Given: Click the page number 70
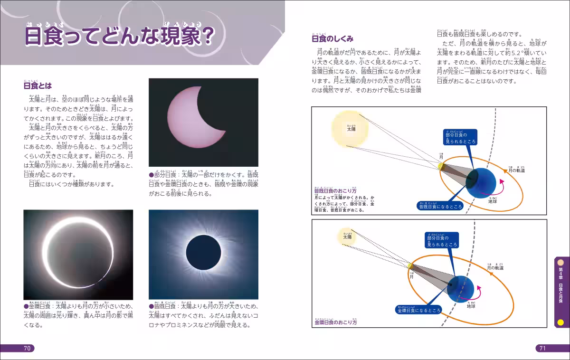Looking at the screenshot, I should pos(27,348).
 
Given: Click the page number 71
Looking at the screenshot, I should pos(542,348).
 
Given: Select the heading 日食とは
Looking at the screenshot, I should pos(38,86).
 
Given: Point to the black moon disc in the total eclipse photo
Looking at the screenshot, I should pos(203,252).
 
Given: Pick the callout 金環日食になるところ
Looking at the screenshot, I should pos(419,310).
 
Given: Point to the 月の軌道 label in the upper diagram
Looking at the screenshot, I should pos(517,170).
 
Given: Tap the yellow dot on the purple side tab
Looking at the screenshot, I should pos(560,322).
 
